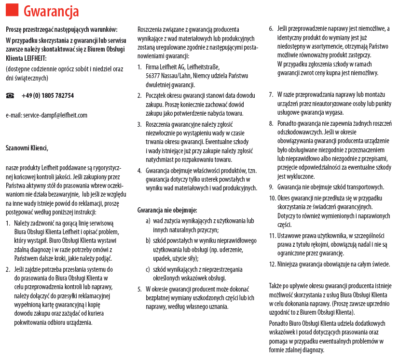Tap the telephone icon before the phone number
(x=11, y=96)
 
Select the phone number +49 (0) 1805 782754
(x=48, y=96)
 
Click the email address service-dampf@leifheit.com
(x=46, y=115)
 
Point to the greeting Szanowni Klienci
(x=27, y=148)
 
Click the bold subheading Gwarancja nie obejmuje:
(x=167, y=210)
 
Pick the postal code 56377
(x=154, y=76)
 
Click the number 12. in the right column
(x=272, y=264)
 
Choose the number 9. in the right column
(x=272, y=187)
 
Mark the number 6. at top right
(x=271, y=29)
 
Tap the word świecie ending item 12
(x=379, y=264)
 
